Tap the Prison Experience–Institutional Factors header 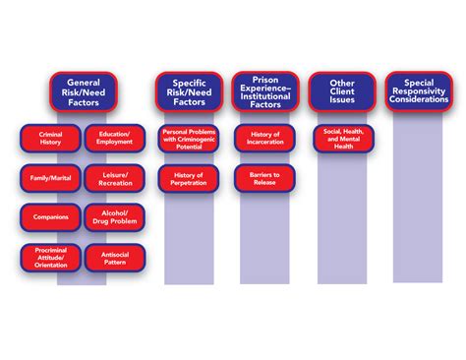tap(265, 90)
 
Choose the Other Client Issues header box tap(341, 90)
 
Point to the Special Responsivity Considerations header tap(420, 90)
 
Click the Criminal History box tap(49, 138)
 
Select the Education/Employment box tap(115, 138)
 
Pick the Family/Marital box tap(49, 178)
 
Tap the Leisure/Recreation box tap(115, 178)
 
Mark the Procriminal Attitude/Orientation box tap(49, 258)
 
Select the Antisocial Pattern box tap(115, 258)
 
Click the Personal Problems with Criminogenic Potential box tap(188, 138)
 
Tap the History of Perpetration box tap(188, 178)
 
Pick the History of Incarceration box tap(265, 138)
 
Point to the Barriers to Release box tap(265, 178)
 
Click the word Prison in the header tap(265, 78)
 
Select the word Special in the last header tap(420, 78)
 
